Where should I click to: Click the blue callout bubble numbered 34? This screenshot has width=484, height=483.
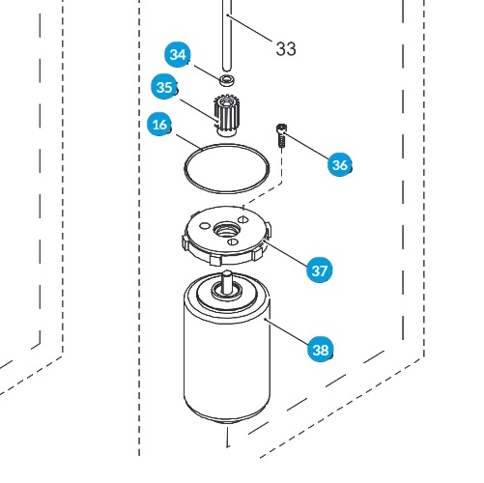tap(178, 55)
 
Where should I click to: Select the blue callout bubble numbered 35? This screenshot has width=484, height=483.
tap(165, 88)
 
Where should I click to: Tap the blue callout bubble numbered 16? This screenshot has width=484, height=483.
tap(160, 125)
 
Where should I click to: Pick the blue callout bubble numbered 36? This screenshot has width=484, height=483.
tap(339, 165)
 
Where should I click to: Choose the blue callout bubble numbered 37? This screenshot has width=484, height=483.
tap(320, 270)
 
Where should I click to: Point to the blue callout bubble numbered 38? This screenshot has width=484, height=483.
tap(320, 349)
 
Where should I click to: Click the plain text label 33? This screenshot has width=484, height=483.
tap(286, 49)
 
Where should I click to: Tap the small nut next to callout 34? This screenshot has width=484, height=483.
tap(227, 77)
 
